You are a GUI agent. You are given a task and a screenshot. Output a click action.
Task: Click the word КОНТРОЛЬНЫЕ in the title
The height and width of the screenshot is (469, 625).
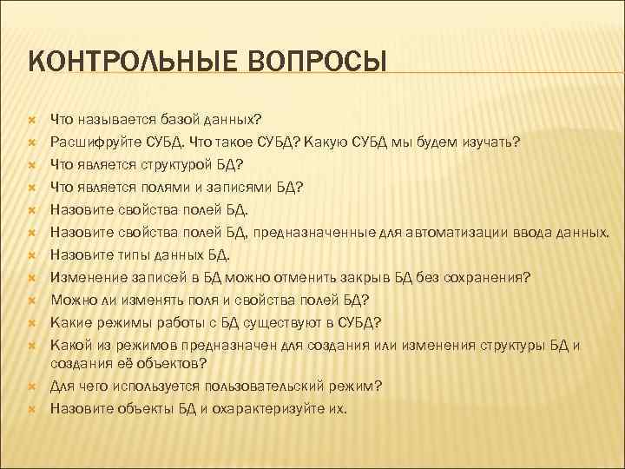[x=113, y=63]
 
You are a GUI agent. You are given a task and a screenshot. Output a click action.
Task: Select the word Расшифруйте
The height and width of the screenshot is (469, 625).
[x=91, y=141]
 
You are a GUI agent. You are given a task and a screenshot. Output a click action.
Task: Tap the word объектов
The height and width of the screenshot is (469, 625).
[x=161, y=361]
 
